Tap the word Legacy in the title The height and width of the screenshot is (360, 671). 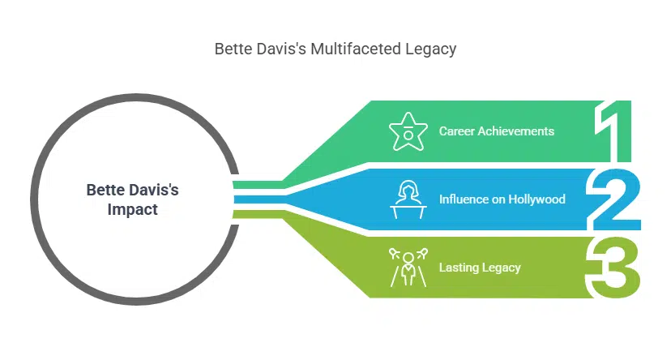coord(430,49)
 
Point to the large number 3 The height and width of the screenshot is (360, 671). coord(613,268)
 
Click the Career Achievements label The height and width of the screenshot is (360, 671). coord(497,131)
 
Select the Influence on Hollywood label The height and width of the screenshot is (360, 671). coord(502,199)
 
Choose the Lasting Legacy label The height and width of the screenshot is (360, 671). coord(480,268)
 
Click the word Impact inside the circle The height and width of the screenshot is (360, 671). coord(133,209)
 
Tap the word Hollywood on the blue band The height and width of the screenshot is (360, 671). coord(536,199)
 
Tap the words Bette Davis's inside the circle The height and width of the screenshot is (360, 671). coord(133,191)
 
